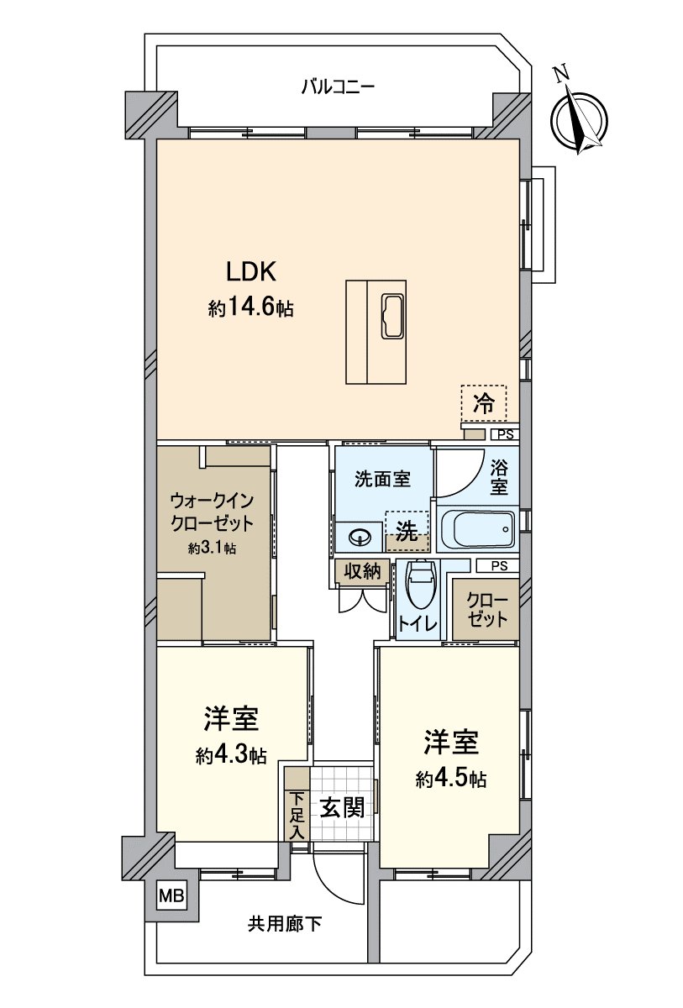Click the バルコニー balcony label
[338, 87]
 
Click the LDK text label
[250, 271]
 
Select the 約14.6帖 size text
[250, 307]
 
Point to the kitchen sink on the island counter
[393, 317]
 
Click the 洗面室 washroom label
[382, 480]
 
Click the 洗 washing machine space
[407, 531]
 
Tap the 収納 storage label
[362, 572]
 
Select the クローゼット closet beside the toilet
[486, 611]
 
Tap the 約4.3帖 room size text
[231, 755]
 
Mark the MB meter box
[171, 895]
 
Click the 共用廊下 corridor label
[285, 925]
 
